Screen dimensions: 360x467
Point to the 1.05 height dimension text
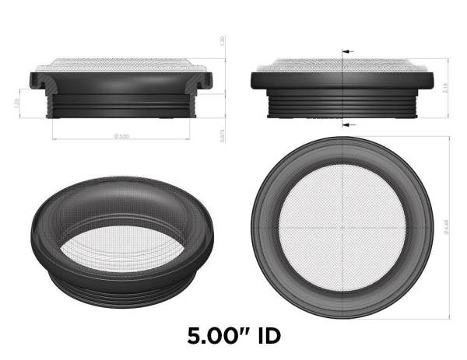(16, 103)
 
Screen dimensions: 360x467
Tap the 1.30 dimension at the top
(223, 40)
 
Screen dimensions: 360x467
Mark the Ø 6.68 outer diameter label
(446, 226)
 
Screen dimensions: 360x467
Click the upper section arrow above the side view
(346, 51)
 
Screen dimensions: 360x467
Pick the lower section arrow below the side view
(346, 124)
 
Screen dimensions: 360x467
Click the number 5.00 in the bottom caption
(216, 337)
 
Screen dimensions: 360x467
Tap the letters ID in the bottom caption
(265, 337)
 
